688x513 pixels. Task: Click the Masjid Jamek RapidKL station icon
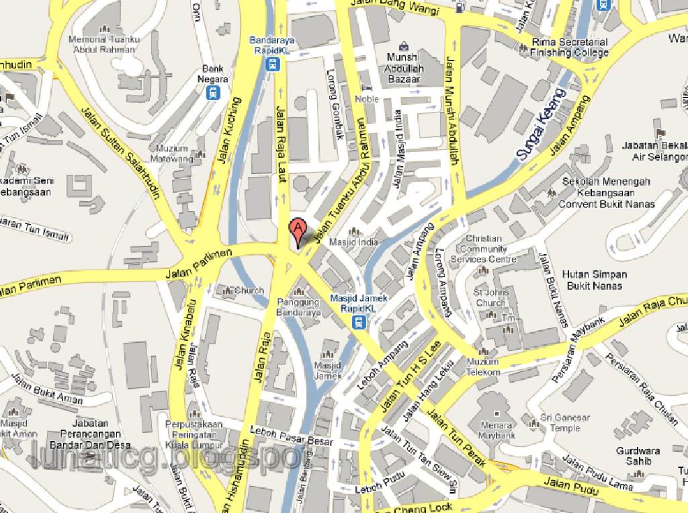tap(359, 322)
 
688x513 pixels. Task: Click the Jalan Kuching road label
tap(228, 131)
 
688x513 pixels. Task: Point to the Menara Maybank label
tap(497, 430)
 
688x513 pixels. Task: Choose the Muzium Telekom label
tap(483, 367)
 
